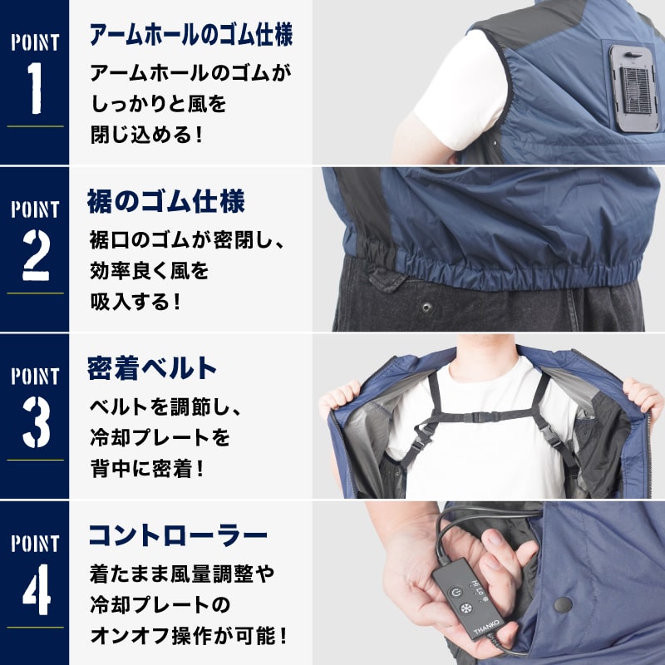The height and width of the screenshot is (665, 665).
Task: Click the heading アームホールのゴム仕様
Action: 190,36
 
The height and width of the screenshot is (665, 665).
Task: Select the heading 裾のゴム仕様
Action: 166,202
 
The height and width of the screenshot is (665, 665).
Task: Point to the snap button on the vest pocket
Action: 562,605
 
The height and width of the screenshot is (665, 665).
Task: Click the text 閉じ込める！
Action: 145,133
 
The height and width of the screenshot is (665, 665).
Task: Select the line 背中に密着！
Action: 145,468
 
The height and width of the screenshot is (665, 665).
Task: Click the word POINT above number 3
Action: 35,376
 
